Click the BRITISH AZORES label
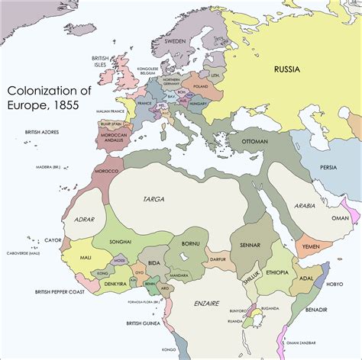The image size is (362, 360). click(x=43, y=132)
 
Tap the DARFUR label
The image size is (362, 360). click(x=218, y=259)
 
